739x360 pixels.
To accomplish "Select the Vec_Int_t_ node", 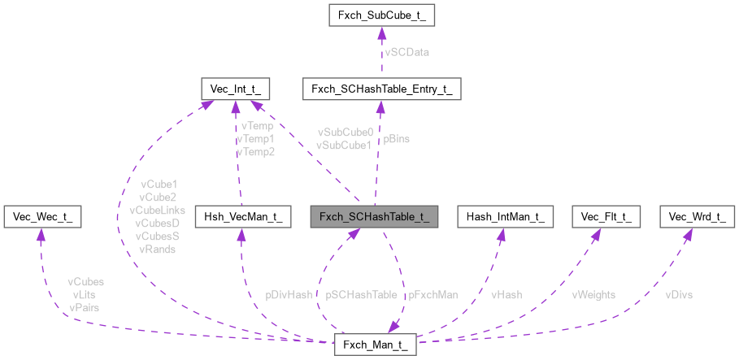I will (235, 89).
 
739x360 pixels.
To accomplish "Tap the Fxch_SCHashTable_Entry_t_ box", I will (381, 89).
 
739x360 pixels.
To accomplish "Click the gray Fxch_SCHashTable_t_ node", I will (375, 216).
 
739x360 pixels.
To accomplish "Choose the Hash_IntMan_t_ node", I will (505, 216).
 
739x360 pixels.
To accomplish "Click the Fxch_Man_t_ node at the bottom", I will (376, 345).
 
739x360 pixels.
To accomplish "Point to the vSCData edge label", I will (406, 52).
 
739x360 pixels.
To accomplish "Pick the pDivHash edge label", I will (290, 295).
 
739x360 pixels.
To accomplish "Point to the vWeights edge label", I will (593, 295).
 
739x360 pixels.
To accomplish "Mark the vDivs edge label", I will (680, 295).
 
